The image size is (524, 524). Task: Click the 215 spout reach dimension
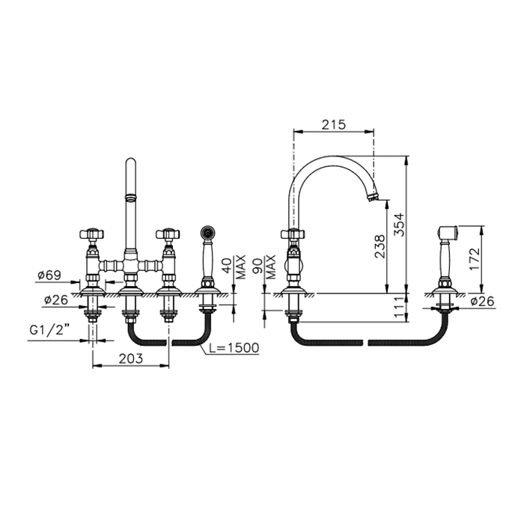pyautogui.click(x=334, y=125)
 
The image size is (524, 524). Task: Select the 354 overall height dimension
pyautogui.click(x=399, y=225)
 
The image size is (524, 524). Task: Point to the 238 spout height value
pyautogui.click(x=380, y=246)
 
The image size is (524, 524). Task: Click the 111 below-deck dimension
pyautogui.click(x=399, y=308)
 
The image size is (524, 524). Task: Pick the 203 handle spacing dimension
pyautogui.click(x=131, y=359)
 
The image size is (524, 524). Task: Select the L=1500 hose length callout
pyautogui.click(x=234, y=348)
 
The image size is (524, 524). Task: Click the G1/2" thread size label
pyautogui.click(x=49, y=330)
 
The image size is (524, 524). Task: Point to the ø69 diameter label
pyautogui.click(x=49, y=275)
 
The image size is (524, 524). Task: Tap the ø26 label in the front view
pyautogui.click(x=56, y=299)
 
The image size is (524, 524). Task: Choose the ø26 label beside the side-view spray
pyautogui.click(x=482, y=302)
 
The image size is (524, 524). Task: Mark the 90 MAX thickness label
pyautogui.click(x=264, y=267)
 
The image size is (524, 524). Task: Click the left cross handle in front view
pyautogui.click(x=92, y=234)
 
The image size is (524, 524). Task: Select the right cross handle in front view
pyautogui.click(x=168, y=234)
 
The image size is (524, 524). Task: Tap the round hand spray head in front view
pyautogui.click(x=207, y=231)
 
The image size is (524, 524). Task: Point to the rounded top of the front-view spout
pyautogui.click(x=131, y=162)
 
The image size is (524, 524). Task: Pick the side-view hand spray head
pyautogui.click(x=447, y=232)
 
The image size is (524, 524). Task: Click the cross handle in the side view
pyautogui.click(x=293, y=234)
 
